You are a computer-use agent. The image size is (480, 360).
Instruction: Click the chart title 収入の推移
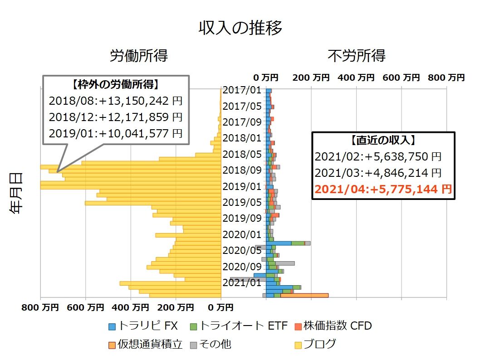pos(240,28)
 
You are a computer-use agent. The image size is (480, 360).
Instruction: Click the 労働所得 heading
pos(139,56)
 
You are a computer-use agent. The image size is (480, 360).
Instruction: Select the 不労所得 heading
pos(357,56)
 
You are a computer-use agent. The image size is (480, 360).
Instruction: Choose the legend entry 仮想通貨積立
pos(150,344)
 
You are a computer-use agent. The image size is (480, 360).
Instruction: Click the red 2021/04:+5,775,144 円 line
pos(383,189)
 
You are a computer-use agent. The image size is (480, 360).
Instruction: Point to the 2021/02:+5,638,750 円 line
pos(378,157)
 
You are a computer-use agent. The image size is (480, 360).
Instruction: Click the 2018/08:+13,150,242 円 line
pos(115,101)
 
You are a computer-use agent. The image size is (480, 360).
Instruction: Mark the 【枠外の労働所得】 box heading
pos(115,84)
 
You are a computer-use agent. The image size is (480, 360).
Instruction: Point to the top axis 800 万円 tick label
pos(446,78)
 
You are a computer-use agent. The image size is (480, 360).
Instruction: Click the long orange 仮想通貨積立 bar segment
pos(304,296)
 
